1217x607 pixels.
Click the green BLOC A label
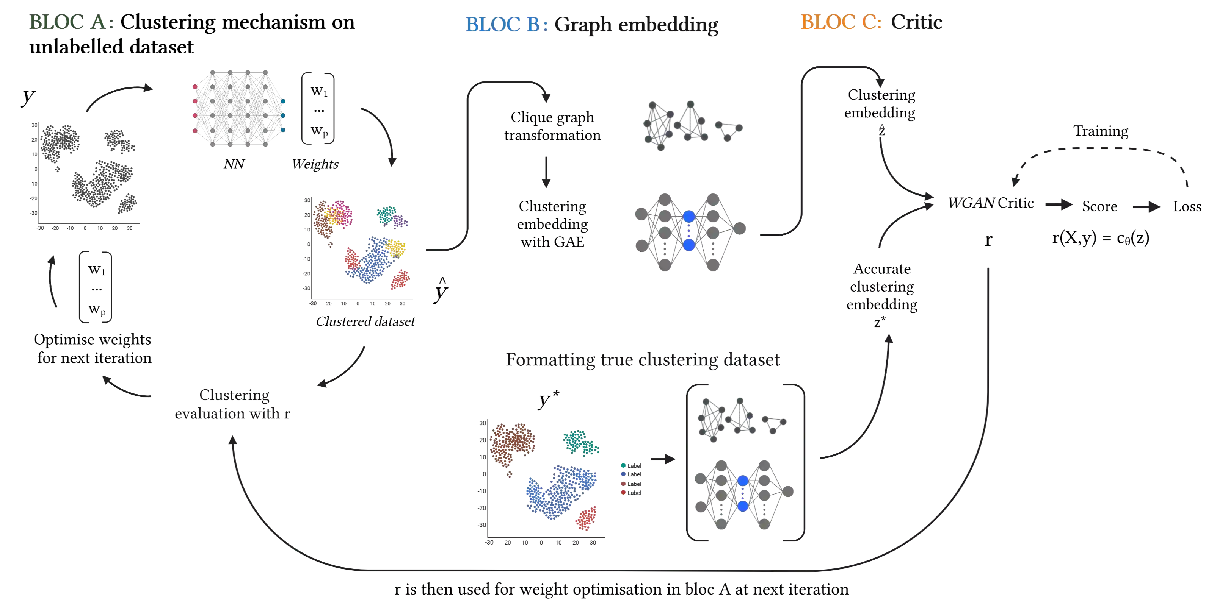[71, 23]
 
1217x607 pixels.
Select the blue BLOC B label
[506, 25]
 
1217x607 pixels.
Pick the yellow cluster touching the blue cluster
[395, 247]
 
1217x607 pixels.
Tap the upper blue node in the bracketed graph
[743, 481]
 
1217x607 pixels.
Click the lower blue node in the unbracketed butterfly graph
[688, 245]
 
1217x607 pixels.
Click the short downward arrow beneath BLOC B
[546, 172]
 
